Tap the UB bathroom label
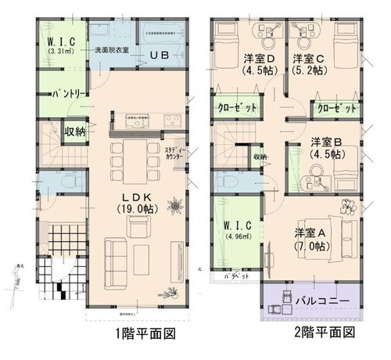[160, 55]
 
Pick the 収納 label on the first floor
[75, 131]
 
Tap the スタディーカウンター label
[175, 153]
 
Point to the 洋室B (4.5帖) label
[328, 146]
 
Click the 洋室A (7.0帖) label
[310, 238]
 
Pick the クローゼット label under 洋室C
[336, 108]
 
